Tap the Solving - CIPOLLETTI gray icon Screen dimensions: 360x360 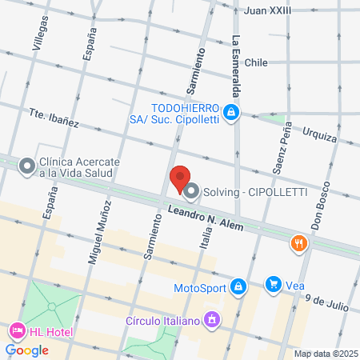(191, 190)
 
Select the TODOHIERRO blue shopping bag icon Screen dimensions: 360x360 (231, 113)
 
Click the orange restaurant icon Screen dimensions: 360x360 (300, 243)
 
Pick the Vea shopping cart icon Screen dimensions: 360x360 (274, 284)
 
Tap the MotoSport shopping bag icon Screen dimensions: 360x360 (238, 286)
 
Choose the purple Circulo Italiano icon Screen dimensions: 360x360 (211, 321)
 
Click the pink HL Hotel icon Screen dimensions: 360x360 (16, 330)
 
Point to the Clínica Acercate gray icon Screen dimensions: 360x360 (27, 166)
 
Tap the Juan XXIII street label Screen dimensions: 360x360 (268, 10)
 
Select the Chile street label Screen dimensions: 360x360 (256, 62)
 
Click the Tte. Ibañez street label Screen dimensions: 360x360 (54, 118)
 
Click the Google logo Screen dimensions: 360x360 (27, 350)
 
